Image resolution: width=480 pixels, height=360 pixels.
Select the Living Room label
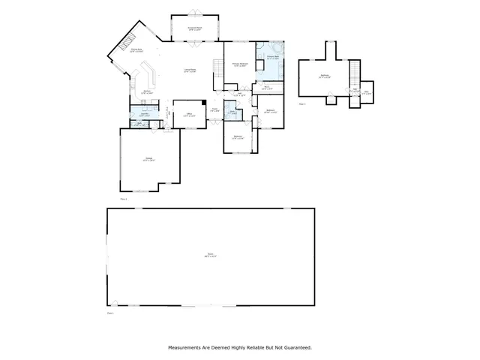190,70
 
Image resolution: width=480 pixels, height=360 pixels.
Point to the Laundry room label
143,115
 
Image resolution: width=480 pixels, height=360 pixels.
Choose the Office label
190,115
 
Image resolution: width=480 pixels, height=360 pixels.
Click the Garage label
149,159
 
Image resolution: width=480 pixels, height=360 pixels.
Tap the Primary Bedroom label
240,65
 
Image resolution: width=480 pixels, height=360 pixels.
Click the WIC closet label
266,87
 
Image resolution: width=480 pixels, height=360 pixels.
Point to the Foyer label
214,110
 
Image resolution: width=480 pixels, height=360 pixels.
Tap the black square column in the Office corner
203,103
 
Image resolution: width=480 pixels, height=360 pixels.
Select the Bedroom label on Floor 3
324,76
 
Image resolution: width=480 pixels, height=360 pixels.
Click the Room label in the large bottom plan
209,256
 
